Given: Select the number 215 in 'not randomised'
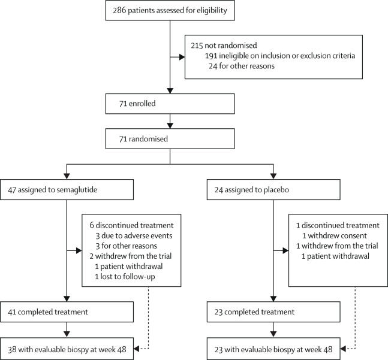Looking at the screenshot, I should tap(196, 45).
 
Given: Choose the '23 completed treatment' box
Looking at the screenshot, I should tap(272, 312).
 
